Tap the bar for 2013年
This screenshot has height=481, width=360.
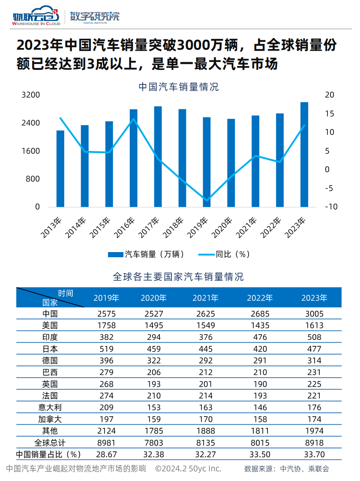point(60,168)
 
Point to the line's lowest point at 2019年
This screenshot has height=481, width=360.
point(207,200)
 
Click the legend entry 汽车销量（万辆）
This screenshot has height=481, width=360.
point(147,254)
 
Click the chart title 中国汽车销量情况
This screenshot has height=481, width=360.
point(179,87)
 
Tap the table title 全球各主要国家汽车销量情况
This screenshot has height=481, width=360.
point(178,277)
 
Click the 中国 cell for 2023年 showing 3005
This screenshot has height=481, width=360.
point(314,314)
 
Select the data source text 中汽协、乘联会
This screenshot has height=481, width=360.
point(305,469)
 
